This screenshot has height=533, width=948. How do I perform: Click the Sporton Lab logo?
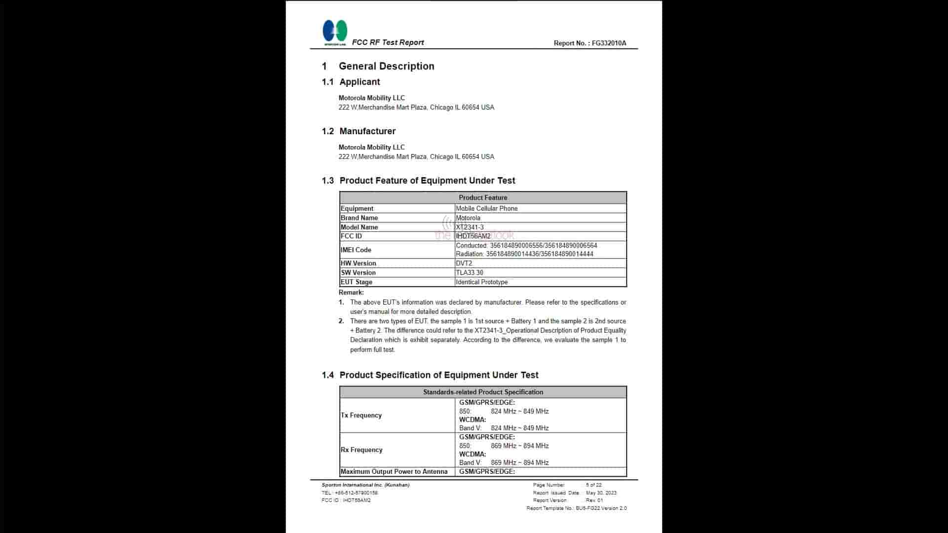pos(335,33)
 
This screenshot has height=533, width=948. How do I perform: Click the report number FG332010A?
pos(609,43)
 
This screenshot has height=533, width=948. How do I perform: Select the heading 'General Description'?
pos(386,66)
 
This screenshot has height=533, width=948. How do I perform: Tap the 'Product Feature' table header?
pos(483,197)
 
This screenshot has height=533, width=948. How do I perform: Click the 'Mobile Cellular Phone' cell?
pos(486,209)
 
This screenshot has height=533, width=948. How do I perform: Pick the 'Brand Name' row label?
pos(359,218)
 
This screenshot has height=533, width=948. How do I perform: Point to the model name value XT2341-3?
pos(470,228)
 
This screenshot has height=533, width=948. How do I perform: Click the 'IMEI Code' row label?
pos(355,250)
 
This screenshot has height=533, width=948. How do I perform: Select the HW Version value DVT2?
pos(464,264)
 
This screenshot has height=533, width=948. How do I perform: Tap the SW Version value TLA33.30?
pos(469,273)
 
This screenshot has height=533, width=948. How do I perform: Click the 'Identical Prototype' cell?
pos(481,282)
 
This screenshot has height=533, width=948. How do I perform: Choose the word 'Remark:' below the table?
pos(351,293)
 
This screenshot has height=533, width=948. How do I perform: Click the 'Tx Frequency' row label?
pos(361,416)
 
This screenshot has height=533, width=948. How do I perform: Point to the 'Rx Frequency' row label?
pos(361,450)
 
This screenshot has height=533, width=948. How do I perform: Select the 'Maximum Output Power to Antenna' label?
pos(394,472)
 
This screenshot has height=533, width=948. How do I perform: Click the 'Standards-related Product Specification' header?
pos(483,392)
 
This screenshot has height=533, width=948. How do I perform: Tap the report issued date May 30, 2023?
pos(601,493)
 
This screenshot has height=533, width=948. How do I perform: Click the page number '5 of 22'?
pos(593,485)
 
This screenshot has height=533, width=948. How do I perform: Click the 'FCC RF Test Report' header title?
pos(388,42)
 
